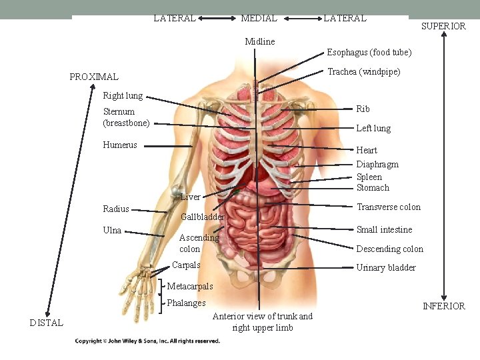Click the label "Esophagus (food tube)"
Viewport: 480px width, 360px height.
[369, 53]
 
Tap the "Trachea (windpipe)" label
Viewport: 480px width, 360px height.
[363, 72]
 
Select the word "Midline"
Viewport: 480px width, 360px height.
[259, 42]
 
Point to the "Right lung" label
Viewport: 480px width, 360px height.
[123, 96]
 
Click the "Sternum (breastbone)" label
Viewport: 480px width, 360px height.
[126, 117]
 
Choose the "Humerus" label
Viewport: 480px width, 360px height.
[120, 145]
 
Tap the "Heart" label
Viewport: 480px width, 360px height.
[367, 151]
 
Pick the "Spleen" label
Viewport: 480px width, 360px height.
[369, 177]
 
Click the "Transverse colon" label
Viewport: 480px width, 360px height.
[388, 207]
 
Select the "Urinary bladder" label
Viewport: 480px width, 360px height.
[385, 268]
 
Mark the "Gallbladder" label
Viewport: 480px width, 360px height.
[203, 217]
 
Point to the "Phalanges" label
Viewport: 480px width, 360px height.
[186, 303]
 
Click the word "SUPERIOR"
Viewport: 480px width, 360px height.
[443, 27]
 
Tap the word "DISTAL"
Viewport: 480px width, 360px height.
[47, 323]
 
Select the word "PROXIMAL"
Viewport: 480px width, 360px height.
[94, 77]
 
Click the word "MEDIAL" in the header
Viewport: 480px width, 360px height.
[259, 19]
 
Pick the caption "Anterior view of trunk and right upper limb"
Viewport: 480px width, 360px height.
[262, 322]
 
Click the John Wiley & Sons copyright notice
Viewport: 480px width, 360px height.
[147, 341]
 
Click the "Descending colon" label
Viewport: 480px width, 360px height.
[389, 249]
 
